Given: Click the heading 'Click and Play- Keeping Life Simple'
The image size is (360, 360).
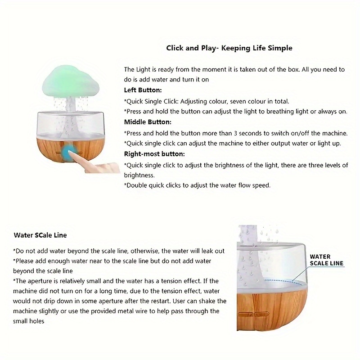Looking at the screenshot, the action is pos(229,48).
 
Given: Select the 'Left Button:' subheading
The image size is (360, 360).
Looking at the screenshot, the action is pos(143,90).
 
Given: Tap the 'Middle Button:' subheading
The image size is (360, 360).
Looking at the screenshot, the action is pos(148,122).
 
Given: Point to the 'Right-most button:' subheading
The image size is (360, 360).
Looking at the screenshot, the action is pos(154,154).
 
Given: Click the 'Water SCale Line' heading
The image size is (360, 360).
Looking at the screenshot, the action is pos(40,235).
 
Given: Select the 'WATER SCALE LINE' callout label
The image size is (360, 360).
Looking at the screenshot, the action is pos(327,260).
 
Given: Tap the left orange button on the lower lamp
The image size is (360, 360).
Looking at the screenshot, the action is pos(245,314).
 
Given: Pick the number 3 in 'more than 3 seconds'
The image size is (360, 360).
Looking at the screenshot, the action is pos(235,133).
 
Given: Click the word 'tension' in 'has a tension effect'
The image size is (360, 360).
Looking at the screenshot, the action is pos(172,281).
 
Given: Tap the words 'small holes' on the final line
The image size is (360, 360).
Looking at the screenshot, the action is pos(28,321).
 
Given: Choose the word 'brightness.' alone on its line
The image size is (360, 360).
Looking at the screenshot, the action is pos(139,175).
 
